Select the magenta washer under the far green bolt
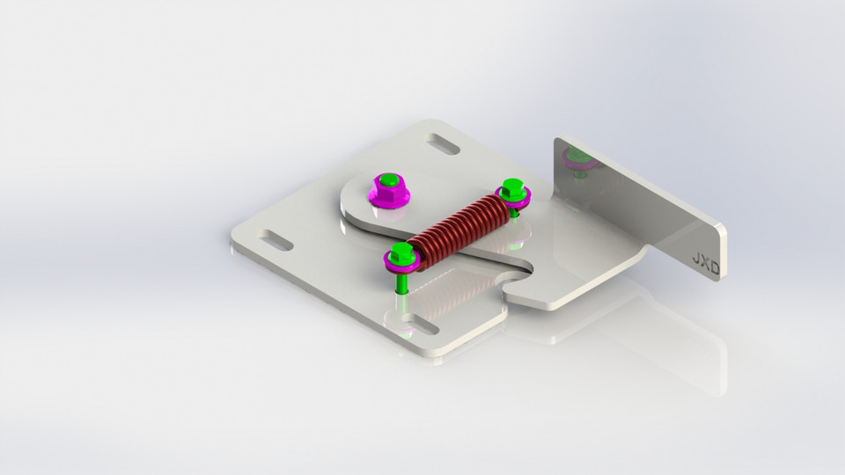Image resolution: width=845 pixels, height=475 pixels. pos(515,201)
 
